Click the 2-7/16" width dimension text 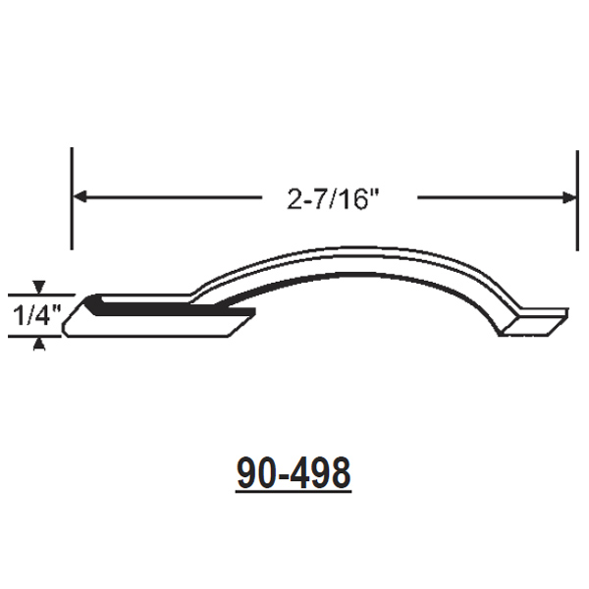click(x=333, y=199)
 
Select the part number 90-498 click(x=294, y=474)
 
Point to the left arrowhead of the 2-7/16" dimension click(x=80, y=197)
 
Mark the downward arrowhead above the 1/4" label click(x=38, y=288)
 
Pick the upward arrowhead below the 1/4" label click(x=38, y=343)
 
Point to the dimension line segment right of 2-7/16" click(x=491, y=197)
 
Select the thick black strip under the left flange click(x=167, y=311)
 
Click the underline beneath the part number click(x=294, y=492)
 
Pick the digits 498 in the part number click(x=319, y=474)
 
